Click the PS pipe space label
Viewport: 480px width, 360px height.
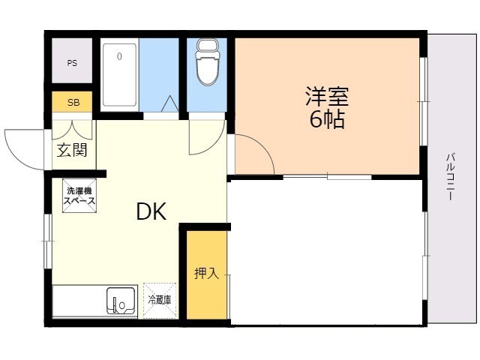tap(72, 63)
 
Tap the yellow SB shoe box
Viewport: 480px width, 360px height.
tap(72, 102)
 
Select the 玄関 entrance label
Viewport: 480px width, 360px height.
tap(72, 150)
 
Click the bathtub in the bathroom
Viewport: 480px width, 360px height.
tap(119, 75)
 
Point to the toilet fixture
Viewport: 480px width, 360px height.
tap(207, 61)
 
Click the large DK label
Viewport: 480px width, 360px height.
tap(151, 211)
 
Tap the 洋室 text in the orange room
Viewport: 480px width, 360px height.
tap(327, 96)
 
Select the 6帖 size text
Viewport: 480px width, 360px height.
tap(327, 118)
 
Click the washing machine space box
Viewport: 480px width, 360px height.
tap(79, 196)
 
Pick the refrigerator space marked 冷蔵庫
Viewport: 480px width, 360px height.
tap(160, 300)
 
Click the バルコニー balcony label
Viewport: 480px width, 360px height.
tap(450, 177)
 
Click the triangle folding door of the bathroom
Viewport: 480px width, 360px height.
tap(169, 103)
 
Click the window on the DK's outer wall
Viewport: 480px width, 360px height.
tap(48, 241)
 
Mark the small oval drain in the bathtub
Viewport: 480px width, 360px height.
tap(119, 56)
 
